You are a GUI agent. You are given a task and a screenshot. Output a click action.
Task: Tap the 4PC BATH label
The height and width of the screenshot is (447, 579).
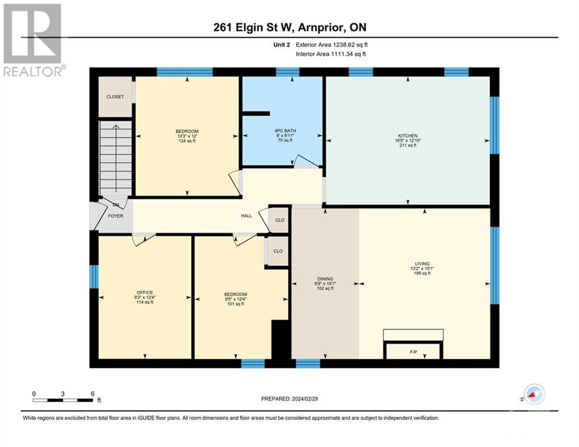282,130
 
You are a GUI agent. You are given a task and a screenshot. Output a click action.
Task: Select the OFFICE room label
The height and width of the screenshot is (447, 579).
144,292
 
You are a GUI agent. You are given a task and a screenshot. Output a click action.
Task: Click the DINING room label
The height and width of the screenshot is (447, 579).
325,279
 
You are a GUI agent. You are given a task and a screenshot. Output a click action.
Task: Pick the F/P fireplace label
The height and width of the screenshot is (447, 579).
413,352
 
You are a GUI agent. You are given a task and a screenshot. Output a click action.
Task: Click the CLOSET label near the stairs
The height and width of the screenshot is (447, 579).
115,97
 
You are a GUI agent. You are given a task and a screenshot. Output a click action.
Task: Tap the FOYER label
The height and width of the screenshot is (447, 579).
115,215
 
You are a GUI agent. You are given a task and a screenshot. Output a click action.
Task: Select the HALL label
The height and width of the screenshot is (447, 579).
247,215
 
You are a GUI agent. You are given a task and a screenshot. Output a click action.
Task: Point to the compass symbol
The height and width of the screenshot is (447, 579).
533,395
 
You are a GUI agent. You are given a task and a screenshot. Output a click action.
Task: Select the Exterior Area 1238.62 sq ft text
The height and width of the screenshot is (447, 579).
332,44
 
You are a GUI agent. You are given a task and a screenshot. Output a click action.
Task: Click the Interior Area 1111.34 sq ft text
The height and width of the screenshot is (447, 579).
332,54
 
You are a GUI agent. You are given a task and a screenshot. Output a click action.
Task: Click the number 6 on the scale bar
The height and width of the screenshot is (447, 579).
93,393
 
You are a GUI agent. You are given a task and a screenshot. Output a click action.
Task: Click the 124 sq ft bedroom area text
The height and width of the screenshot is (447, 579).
187,141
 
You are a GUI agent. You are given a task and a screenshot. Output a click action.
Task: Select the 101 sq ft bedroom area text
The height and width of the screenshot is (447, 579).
236,303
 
